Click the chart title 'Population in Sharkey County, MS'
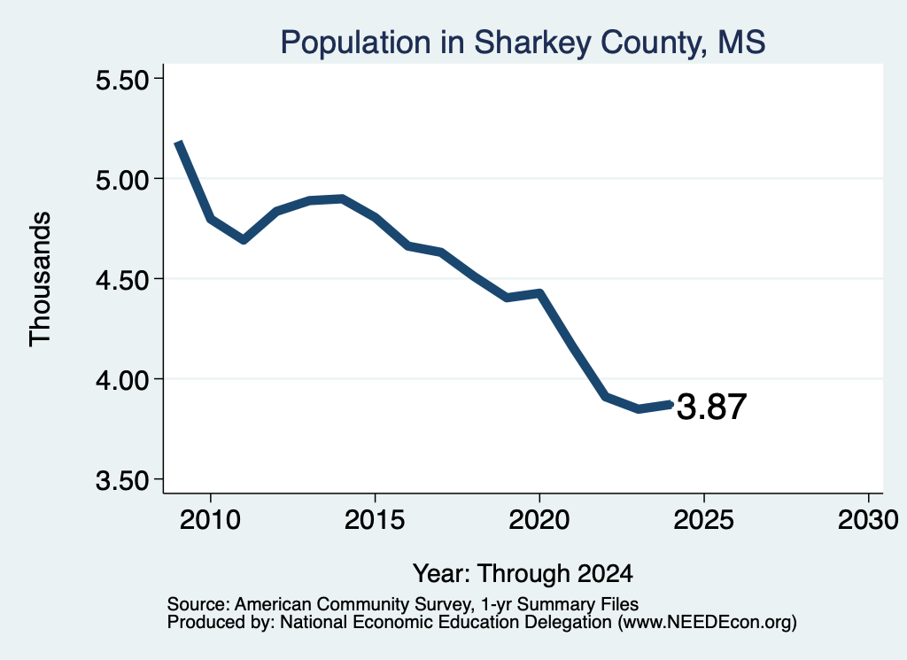[523, 43]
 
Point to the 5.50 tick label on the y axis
[122, 80]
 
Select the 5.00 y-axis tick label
[122, 180]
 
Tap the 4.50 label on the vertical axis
[122, 280]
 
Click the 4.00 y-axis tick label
[122, 380]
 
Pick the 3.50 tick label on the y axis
[122, 480]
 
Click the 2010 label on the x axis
[210, 519]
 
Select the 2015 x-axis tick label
[375, 519]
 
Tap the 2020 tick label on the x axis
[539, 519]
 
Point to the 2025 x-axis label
[703, 519]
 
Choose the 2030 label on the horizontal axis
[868, 519]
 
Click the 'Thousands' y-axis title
[41, 279]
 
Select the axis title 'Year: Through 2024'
[523, 574]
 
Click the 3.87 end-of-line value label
[711, 407]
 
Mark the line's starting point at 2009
[179, 143]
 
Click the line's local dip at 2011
[244, 239]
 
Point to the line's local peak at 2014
[343, 199]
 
